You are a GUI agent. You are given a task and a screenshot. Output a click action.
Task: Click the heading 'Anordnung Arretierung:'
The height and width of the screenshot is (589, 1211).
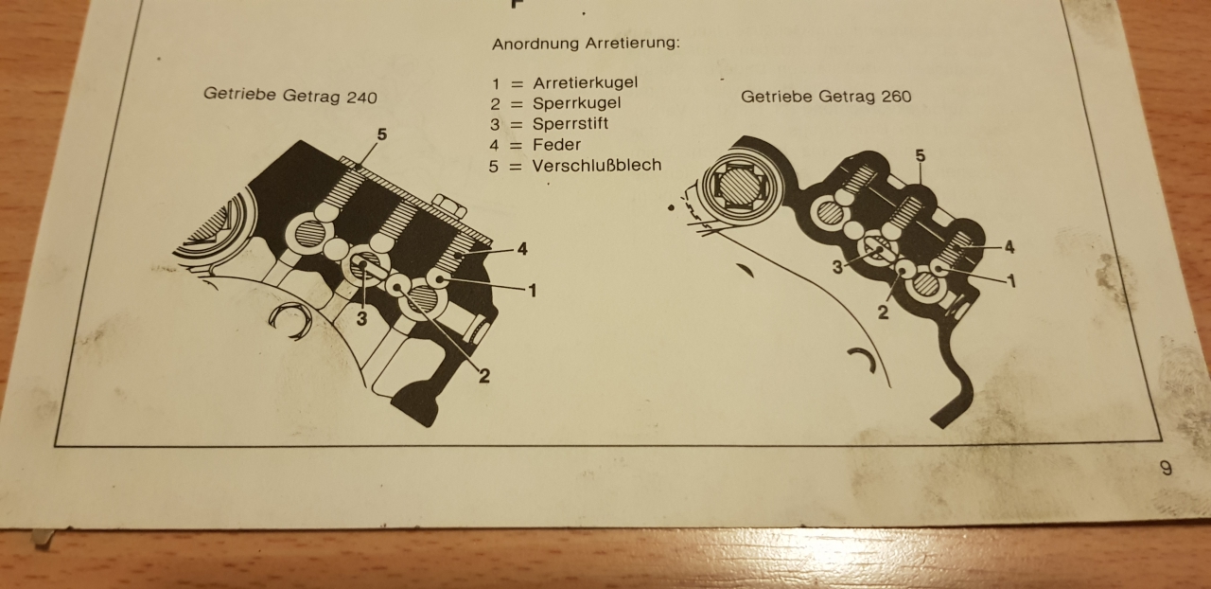pyautogui.click(x=586, y=44)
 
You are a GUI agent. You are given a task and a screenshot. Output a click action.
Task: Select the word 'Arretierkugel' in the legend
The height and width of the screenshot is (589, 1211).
pyautogui.click(x=586, y=82)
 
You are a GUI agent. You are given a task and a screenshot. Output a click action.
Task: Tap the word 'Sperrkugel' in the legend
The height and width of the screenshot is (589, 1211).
pyautogui.click(x=577, y=103)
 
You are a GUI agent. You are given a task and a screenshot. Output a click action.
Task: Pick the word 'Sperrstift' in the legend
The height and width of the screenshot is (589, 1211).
pyautogui.click(x=570, y=124)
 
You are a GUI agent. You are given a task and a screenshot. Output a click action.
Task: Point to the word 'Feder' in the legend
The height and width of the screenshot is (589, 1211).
pyautogui.click(x=557, y=145)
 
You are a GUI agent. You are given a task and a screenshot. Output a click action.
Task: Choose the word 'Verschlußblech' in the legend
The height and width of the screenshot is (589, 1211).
pyautogui.click(x=597, y=165)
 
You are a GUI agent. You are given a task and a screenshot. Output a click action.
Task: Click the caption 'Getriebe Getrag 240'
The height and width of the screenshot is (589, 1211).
pyautogui.click(x=290, y=96)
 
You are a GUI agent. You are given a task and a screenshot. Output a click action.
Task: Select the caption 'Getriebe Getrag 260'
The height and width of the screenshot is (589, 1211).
pyautogui.click(x=826, y=97)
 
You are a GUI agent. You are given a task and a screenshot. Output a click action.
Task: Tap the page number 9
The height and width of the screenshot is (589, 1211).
pyautogui.click(x=1167, y=468)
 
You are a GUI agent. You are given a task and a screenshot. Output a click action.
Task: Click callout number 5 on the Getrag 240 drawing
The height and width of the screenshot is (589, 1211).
pyautogui.click(x=382, y=134)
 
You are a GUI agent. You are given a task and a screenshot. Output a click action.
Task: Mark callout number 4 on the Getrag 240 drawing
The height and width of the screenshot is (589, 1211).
pyautogui.click(x=522, y=249)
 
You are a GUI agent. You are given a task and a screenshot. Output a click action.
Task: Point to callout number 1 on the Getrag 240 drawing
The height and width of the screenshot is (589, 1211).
pyautogui.click(x=533, y=291)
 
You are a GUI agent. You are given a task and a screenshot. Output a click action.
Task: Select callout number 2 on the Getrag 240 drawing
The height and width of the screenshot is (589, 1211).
pyautogui.click(x=483, y=376)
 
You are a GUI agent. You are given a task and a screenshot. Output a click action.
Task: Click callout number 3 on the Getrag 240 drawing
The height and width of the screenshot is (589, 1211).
pyautogui.click(x=361, y=318)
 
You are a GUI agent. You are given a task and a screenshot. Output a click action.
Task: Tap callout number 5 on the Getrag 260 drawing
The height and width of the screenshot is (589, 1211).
pyautogui.click(x=921, y=156)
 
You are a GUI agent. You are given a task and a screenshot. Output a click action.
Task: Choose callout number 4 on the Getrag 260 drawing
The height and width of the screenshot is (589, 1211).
pyautogui.click(x=1009, y=247)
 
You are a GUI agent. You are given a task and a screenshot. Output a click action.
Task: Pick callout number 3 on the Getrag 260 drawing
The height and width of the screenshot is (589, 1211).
pyautogui.click(x=837, y=267)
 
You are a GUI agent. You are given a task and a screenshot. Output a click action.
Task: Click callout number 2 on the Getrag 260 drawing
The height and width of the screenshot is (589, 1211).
pyautogui.click(x=883, y=312)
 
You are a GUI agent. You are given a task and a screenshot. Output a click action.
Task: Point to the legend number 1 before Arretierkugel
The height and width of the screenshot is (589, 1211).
pyautogui.click(x=496, y=84)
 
